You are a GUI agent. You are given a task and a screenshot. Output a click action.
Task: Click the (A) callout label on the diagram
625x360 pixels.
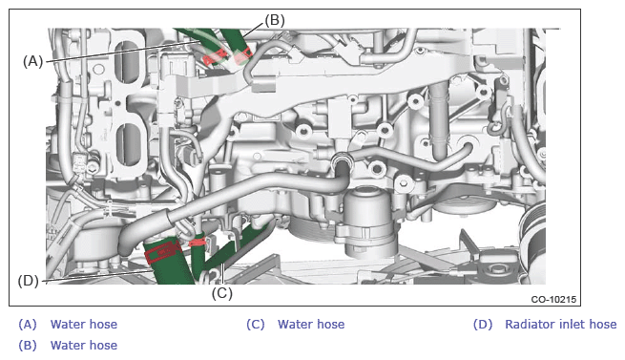(x=32, y=61)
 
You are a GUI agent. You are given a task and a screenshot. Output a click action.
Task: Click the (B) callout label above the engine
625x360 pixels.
(x=275, y=20)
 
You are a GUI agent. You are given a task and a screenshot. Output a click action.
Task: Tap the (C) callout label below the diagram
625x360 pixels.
(x=222, y=293)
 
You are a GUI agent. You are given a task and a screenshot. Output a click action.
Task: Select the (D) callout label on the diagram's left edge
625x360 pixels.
(x=29, y=281)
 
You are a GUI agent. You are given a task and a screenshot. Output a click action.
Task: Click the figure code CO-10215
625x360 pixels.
(x=553, y=299)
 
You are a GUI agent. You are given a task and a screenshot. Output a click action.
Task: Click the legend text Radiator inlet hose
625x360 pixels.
(x=560, y=324)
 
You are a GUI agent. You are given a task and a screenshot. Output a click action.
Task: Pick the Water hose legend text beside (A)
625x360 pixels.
(x=84, y=324)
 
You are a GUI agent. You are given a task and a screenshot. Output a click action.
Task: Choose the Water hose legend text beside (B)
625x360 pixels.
(x=84, y=346)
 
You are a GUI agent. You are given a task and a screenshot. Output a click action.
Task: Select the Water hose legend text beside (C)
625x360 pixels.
(x=311, y=324)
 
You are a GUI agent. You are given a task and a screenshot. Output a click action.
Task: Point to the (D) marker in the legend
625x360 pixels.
(x=483, y=325)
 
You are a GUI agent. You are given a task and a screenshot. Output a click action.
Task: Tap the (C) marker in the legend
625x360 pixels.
(x=256, y=325)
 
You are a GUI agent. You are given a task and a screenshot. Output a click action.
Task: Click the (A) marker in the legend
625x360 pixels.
(x=28, y=325)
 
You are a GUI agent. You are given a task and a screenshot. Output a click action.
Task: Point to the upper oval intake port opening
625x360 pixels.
(x=127, y=62)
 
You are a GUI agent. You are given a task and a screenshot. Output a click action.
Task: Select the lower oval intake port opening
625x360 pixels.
(x=127, y=144)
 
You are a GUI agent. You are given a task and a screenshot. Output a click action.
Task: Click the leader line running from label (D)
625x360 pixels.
(x=96, y=276)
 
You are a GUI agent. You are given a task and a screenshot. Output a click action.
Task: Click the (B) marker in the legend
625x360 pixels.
(x=28, y=346)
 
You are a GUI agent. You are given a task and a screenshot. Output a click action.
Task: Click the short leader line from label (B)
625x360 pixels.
(x=254, y=31)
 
